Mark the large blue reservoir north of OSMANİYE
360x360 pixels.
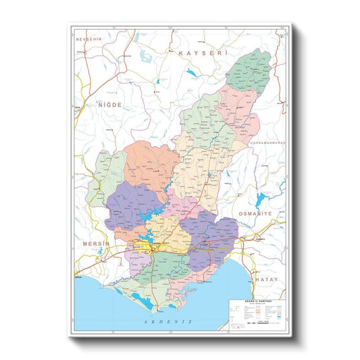pos(261,199)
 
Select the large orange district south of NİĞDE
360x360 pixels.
pos(153,165)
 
